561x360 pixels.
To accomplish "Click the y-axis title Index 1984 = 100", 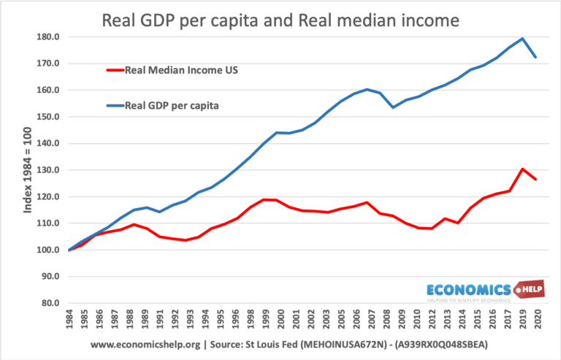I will tap(28, 169).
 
